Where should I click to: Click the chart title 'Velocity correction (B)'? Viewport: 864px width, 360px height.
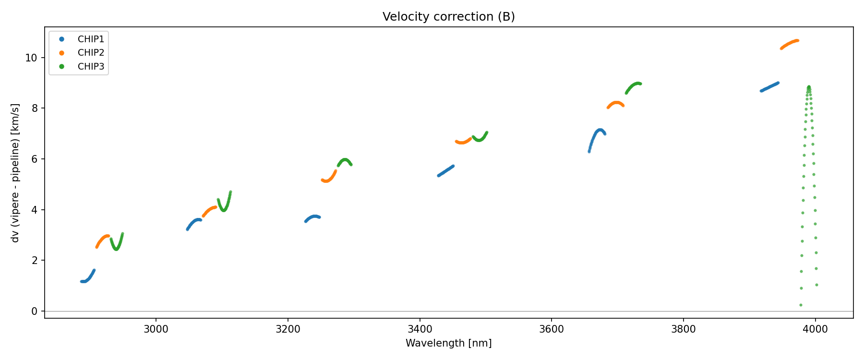tap(448, 17)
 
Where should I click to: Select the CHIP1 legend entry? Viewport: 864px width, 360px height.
tap(91, 39)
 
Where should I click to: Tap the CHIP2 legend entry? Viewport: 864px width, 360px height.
tap(91, 53)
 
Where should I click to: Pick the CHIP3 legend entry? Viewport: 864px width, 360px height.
tap(91, 67)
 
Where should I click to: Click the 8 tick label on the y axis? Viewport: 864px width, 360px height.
tap(34, 108)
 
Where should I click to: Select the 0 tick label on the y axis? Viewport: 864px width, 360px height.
tap(34, 312)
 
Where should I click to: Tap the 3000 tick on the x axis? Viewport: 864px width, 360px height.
tap(156, 329)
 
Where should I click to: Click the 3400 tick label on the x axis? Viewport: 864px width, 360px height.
tap(420, 329)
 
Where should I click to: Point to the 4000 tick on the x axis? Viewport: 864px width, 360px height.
tap(815, 329)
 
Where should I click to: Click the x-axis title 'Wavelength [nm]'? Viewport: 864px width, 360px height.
tap(448, 343)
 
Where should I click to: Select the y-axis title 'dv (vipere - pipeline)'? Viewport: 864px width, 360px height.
tap(15, 173)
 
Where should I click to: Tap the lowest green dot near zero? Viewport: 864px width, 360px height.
tap(801, 305)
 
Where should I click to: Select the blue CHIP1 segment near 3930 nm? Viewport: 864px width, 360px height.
tap(769, 87)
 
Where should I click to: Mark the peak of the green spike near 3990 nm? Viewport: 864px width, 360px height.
tap(809, 87)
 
